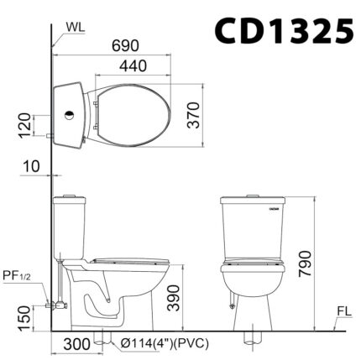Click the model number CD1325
(x=285, y=30)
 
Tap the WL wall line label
(x=76, y=27)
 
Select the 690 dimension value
(x=125, y=45)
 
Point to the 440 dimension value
(x=133, y=66)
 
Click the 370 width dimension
(x=193, y=115)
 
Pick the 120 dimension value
(x=24, y=125)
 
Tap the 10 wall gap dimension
(x=31, y=166)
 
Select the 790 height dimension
(x=305, y=264)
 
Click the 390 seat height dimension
(x=173, y=298)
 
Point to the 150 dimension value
(x=24, y=318)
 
